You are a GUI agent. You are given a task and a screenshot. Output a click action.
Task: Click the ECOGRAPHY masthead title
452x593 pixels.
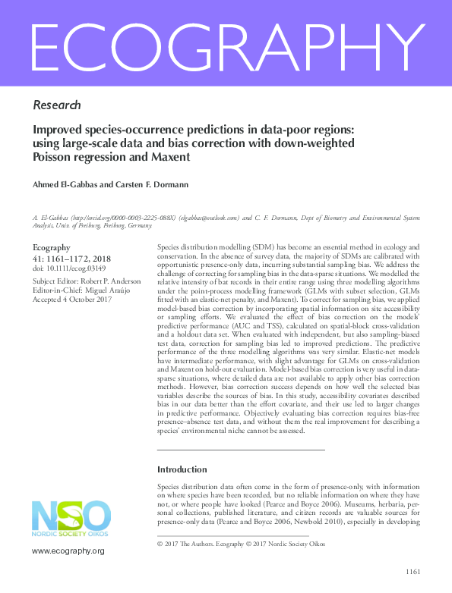[226, 43]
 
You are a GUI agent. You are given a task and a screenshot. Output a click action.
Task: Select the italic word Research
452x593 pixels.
[57, 105]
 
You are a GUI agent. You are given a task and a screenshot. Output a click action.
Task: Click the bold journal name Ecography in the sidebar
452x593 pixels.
[52, 247]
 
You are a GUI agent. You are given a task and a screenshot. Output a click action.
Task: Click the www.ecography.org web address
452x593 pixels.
[68, 550]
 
